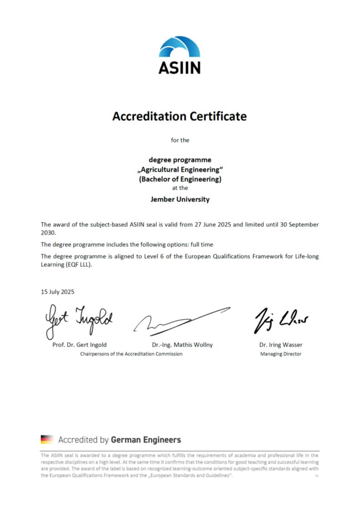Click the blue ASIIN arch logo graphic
pyautogui.click(x=180, y=47)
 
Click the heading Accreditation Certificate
pyautogui.click(x=180, y=116)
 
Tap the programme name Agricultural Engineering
pyautogui.click(x=180, y=170)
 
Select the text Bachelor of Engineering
pyautogui.click(x=180, y=179)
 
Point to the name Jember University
pyautogui.click(x=180, y=199)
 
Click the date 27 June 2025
pyautogui.click(x=203, y=224)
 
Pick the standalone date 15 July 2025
pyautogui.click(x=57, y=291)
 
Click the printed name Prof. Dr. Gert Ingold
pyautogui.click(x=80, y=345)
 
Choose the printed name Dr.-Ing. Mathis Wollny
pyautogui.click(x=182, y=345)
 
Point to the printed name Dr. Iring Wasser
pyautogui.click(x=281, y=345)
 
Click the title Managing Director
pyautogui.click(x=281, y=354)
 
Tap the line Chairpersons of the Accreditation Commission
pyautogui.click(x=131, y=354)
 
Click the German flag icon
pyautogui.click(x=47, y=440)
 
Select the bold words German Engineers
pyautogui.click(x=146, y=440)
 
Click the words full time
pyautogui.click(x=201, y=244)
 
